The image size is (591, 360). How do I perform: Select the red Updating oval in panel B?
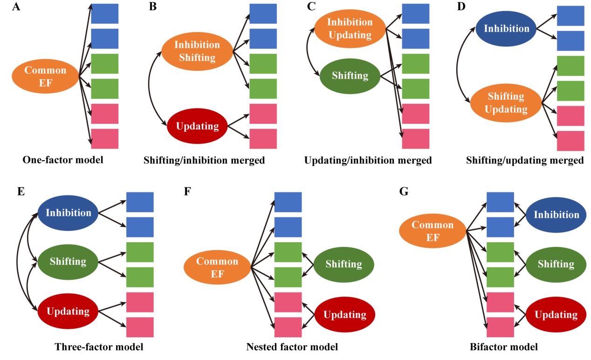(x=198, y=126)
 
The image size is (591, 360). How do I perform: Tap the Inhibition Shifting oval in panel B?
(x=197, y=51)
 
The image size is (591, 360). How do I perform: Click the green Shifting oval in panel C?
(x=350, y=75)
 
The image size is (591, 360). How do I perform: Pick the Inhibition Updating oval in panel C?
(x=350, y=28)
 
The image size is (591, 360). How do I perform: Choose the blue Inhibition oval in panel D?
(x=507, y=29)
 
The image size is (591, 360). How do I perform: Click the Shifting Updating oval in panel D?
(x=506, y=103)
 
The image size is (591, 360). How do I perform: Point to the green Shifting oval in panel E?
(x=68, y=262)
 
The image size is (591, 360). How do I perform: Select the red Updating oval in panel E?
(x=68, y=311)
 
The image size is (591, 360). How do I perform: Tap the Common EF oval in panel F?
(x=217, y=267)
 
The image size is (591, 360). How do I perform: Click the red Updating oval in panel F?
(x=345, y=315)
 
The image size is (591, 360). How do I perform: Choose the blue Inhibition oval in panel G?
(x=556, y=215)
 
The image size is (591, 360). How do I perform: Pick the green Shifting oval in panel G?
(x=556, y=264)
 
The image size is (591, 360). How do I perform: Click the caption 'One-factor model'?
(x=63, y=160)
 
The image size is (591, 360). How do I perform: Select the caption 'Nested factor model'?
(x=292, y=347)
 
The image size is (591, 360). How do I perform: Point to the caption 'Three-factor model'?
(x=99, y=347)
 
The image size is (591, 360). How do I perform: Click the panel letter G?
(x=404, y=191)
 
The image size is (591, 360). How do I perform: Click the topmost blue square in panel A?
(x=104, y=14)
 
